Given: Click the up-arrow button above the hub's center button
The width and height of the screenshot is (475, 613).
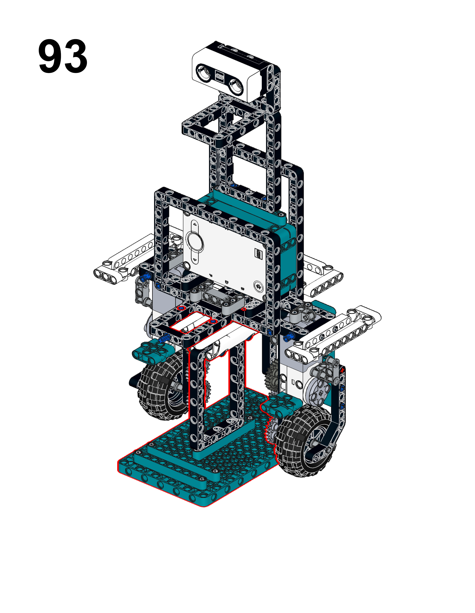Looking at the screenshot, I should point(194,225).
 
